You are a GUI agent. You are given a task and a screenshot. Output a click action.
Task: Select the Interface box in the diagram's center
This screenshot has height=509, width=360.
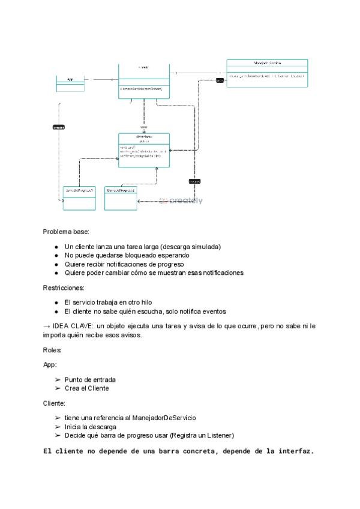[x=144, y=150]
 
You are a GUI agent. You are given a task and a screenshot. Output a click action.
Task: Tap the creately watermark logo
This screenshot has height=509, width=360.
[x=181, y=201]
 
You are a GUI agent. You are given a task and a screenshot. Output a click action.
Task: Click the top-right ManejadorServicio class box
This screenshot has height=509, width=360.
[x=267, y=73]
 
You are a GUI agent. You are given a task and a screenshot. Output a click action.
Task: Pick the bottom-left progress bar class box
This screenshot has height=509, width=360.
[x=79, y=198]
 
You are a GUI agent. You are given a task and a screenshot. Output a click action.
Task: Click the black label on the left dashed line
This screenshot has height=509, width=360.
[x=59, y=127]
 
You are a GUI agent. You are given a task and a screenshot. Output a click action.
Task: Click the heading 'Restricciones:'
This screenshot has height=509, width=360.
[x=64, y=288]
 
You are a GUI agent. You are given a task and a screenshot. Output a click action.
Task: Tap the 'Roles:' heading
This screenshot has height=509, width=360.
[x=52, y=349]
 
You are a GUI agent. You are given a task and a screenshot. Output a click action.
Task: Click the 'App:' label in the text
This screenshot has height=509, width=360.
[x=50, y=364]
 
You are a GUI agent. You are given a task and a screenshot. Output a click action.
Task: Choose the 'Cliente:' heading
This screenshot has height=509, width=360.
[x=54, y=403]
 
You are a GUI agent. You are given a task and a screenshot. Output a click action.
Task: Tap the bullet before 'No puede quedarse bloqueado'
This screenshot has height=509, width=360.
[x=56, y=256]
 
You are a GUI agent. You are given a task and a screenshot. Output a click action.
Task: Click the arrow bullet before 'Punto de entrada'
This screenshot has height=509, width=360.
[x=57, y=380]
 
